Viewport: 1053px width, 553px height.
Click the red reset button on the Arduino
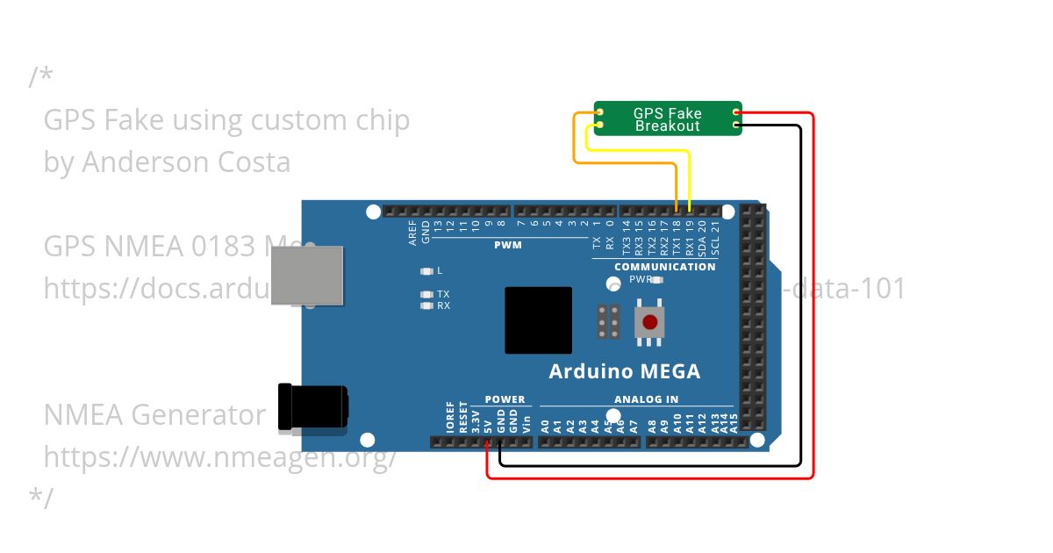pyautogui.click(x=650, y=322)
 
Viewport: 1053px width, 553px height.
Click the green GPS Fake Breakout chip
pyautogui.click(x=668, y=118)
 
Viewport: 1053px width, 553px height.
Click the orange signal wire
pyautogui.click(x=576, y=140)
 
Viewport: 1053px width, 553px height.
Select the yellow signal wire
pyautogui.click(x=641, y=152)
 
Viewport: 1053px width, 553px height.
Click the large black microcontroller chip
pyautogui.click(x=538, y=320)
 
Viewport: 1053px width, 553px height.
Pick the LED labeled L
pyautogui.click(x=427, y=271)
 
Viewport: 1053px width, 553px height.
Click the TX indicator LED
pyautogui.click(x=427, y=295)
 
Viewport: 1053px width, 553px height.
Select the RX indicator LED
pyautogui.click(x=427, y=306)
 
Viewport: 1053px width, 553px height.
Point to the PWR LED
pyautogui.click(x=657, y=280)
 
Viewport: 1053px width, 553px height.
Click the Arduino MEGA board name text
pyautogui.click(x=624, y=371)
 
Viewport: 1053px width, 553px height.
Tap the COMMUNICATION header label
pyautogui.click(x=664, y=267)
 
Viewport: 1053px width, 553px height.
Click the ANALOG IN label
pyautogui.click(x=647, y=399)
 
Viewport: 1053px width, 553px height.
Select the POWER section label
pyautogui.click(x=505, y=399)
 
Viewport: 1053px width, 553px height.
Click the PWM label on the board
pyautogui.click(x=507, y=245)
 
